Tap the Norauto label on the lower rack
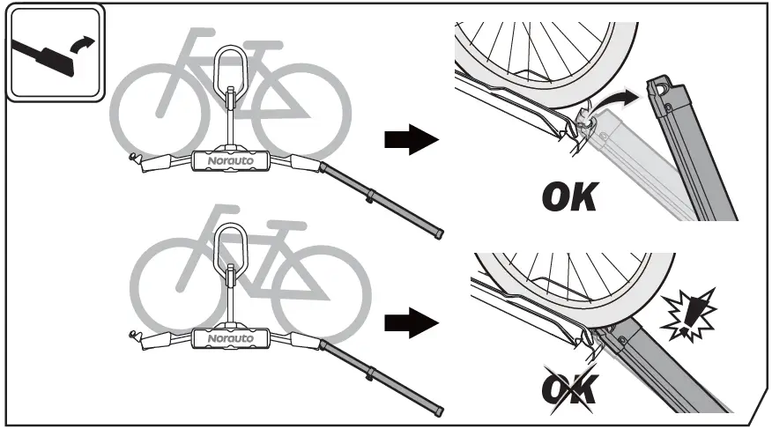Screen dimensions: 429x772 [x=230, y=338]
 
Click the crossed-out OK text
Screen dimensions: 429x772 [x=568, y=387]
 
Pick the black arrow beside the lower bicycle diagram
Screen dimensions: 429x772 [x=411, y=323]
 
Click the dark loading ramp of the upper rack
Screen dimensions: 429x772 [x=383, y=199]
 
